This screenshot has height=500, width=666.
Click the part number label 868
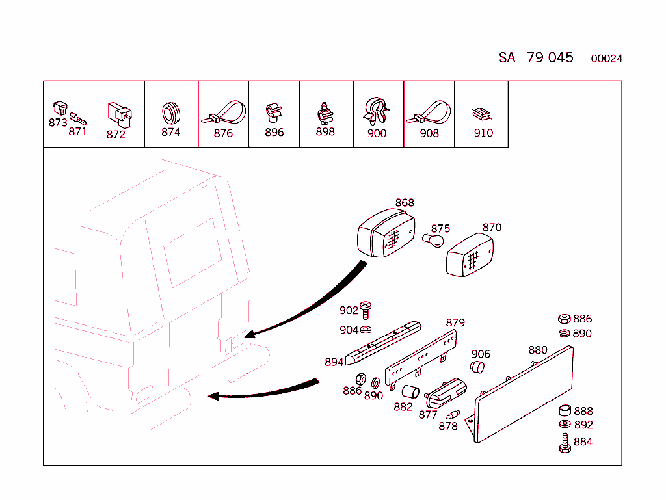(405, 203)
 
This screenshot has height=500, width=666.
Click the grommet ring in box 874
(170, 112)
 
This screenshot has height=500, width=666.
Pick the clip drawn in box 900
(377, 112)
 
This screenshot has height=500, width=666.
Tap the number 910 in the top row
(483, 133)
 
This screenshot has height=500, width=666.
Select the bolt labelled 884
(564, 443)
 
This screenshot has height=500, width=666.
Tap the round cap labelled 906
(478, 369)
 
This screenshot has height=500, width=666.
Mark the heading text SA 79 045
(536, 58)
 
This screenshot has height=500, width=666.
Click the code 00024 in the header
(606, 59)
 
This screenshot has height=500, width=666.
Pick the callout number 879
(455, 323)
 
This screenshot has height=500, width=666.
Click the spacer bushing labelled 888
(565, 411)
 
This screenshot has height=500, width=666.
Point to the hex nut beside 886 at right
(564, 319)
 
